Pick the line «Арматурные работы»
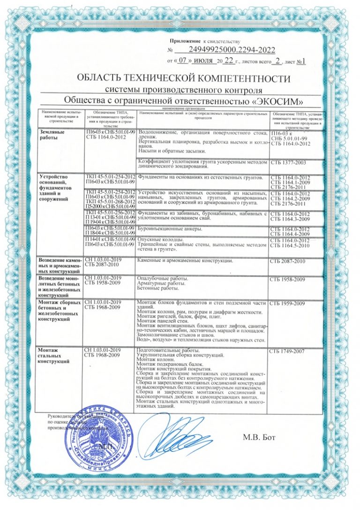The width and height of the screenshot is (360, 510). (x=159, y=284)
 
